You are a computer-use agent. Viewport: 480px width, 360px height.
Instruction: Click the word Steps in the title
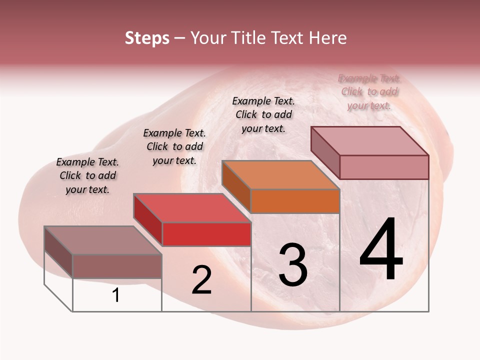[x=147, y=38]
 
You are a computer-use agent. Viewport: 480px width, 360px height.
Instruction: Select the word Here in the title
[x=327, y=38]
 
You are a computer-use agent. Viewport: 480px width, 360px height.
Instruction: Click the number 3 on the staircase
[x=292, y=265]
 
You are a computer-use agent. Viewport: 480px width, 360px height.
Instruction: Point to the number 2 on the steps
[x=202, y=280]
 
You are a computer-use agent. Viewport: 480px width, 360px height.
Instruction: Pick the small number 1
[x=116, y=295]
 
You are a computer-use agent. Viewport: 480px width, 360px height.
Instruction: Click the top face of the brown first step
[x=102, y=240]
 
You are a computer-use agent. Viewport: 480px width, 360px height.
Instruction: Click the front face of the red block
[x=206, y=234]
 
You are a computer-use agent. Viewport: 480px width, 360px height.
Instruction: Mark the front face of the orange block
[x=295, y=201]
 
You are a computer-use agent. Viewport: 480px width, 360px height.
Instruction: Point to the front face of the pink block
[x=384, y=167]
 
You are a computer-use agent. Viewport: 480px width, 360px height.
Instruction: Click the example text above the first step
[x=87, y=175]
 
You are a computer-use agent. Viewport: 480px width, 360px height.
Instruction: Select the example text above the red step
[x=174, y=146]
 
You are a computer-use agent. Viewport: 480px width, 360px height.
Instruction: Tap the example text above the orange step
[x=263, y=114]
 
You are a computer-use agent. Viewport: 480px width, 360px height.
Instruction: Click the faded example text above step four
[x=369, y=91]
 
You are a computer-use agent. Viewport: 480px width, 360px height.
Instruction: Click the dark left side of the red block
[x=147, y=219]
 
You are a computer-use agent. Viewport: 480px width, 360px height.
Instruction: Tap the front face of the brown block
[x=117, y=266]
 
